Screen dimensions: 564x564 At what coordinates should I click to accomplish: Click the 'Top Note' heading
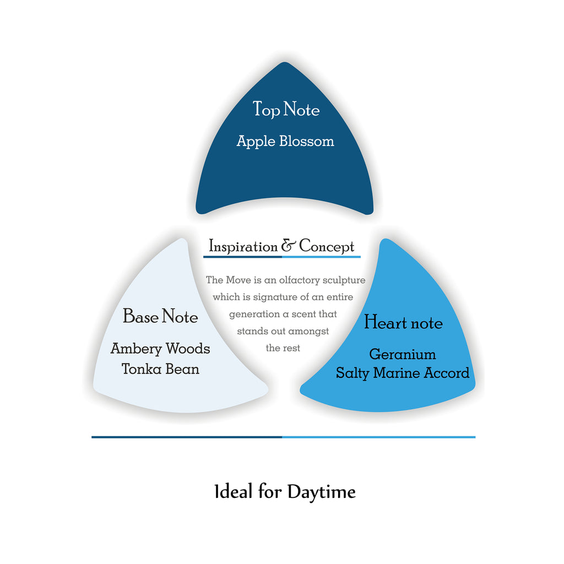pos(286,109)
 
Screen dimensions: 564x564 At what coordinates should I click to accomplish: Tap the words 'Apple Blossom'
pos(285,142)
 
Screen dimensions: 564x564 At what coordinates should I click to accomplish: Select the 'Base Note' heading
pos(160,317)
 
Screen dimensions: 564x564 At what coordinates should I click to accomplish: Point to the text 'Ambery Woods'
pos(160,349)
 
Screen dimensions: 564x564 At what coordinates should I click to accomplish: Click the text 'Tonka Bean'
pos(160,368)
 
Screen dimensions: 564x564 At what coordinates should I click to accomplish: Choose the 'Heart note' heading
pos(403,323)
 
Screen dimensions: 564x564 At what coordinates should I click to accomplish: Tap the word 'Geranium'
pos(403,354)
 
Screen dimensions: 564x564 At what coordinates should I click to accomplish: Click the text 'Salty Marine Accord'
pos(403,373)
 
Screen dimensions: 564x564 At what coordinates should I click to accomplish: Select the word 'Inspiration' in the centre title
pos(243,247)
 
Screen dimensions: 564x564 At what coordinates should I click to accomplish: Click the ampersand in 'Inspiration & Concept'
pos(289,246)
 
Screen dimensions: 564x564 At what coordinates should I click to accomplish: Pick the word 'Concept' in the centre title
pos(327,247)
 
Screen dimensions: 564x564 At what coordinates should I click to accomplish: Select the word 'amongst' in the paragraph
pos(308,332)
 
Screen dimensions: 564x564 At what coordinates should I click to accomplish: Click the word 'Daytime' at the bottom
pos(322,492)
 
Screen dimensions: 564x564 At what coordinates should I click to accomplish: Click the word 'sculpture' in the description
pos(343,280)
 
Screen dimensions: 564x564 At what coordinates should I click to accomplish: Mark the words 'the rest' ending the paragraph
pos(283,349)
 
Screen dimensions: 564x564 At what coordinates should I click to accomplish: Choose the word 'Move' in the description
pos(236,280)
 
